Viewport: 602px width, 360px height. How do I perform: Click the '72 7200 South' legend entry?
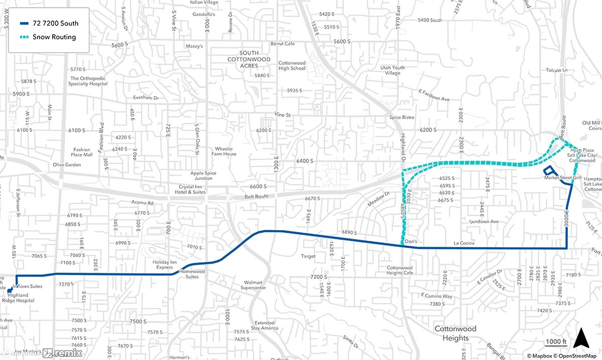point(49,23)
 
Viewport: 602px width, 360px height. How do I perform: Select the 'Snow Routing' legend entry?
point(49,37)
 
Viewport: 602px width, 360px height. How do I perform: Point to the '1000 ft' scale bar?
point(556,343)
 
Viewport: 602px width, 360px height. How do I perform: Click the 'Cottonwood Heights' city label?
point(456,333)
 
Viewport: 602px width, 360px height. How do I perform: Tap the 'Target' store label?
point(309,256)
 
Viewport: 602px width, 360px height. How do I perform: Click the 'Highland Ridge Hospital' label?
point(22,297)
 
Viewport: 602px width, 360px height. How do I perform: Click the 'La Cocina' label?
point(464,243)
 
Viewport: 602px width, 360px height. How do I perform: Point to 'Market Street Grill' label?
point(562,178)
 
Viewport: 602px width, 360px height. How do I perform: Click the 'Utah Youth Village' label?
point(392,70)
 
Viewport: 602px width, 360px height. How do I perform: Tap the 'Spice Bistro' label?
point(402,117)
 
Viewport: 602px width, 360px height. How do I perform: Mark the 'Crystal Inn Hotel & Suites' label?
point(186,189)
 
